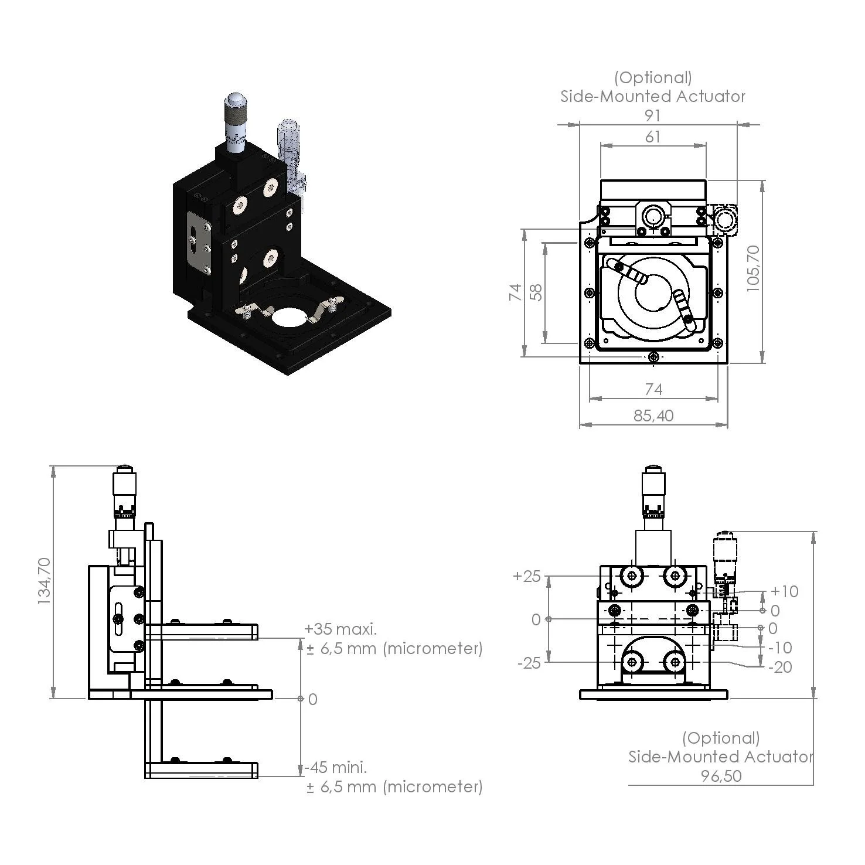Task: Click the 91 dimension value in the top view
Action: coord(652,115)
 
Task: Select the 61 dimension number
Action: coord(652,137)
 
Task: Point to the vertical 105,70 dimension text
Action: coord(753,268)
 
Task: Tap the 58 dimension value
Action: coord(536,292)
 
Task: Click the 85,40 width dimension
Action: coord(653,416)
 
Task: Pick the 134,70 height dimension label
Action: coord(45,581)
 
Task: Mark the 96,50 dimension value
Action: coord(721,776)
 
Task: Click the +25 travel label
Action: coord(526,576)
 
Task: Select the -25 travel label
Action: coord(529,664)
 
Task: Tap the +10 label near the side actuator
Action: coord(784,591)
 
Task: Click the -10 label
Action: coord(779,648)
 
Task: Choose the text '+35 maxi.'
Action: coord(340,629)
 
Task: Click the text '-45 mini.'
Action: coord(336,767)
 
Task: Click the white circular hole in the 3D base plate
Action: coord(288,317)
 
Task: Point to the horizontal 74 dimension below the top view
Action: coord(653,389)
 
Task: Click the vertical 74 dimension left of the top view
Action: coord(515,292)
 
